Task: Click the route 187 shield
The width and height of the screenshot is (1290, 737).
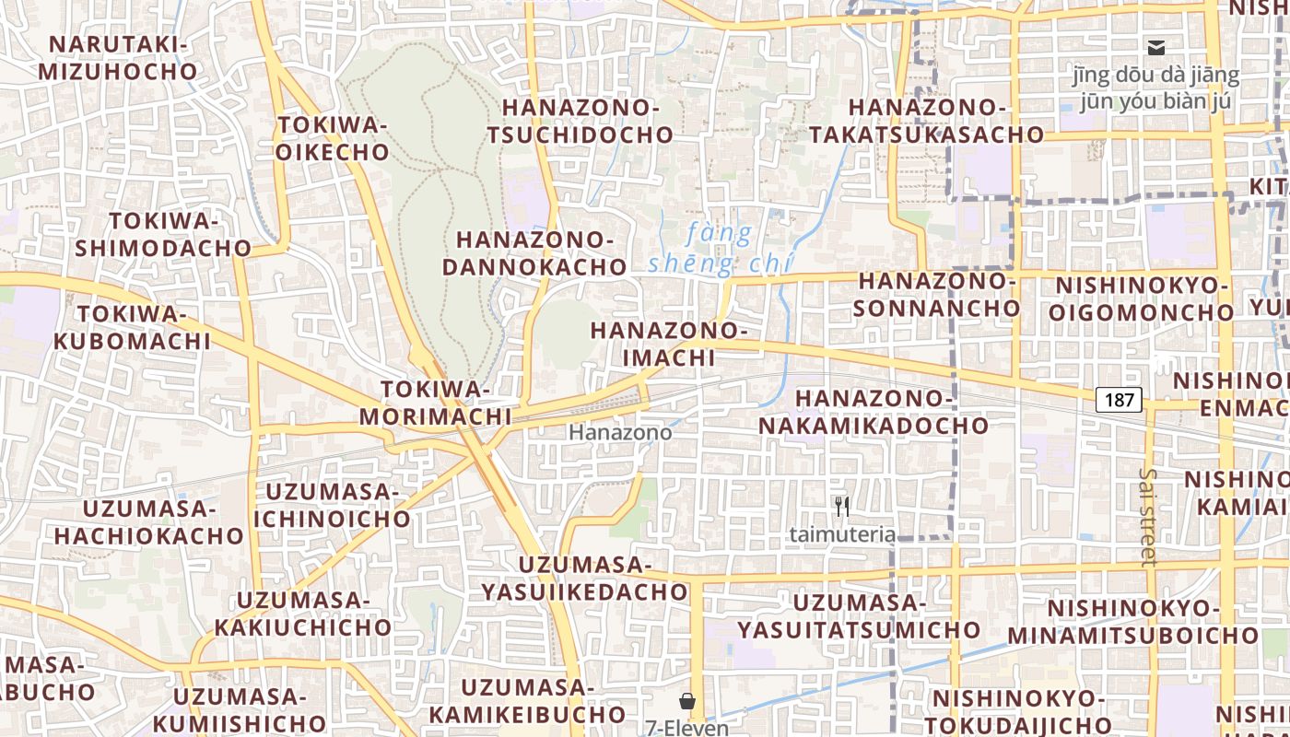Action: (1119, 400)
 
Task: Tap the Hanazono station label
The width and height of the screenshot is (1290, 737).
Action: (620, 432)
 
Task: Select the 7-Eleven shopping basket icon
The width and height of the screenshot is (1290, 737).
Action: (686, 702)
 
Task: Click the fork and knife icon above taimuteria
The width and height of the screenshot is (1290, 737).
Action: (841, 506)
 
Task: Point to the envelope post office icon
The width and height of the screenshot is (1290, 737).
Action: (1155, 48)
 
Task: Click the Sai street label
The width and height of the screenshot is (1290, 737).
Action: (1147, 516)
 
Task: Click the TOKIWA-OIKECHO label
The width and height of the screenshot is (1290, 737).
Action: (333, 138)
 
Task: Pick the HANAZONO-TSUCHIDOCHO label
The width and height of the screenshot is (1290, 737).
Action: (580, 121)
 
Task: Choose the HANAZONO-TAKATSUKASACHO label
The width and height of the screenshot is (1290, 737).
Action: (927, 121)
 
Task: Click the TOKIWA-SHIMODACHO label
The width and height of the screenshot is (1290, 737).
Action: (163, 234)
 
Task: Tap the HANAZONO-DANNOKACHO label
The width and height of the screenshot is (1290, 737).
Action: (534, 253)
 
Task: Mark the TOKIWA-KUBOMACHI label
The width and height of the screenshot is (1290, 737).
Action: (132, 327)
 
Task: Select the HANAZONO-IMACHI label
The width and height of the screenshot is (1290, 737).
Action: (668, 344)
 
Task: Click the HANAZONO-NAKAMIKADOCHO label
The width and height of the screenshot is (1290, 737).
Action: (874, 412)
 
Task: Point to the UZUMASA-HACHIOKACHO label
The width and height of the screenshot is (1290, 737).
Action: (148, 521)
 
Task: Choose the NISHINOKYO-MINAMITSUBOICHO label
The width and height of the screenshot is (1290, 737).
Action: (1132, 622)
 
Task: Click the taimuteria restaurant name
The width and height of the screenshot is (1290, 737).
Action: (842, 533)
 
